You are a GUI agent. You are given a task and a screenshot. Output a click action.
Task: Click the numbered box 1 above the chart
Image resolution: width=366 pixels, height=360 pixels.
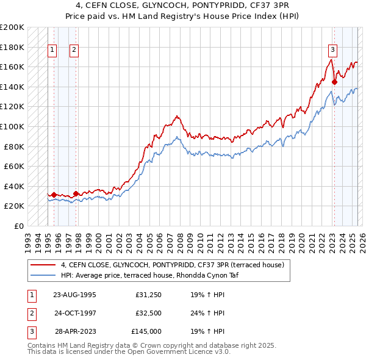pos(52,51)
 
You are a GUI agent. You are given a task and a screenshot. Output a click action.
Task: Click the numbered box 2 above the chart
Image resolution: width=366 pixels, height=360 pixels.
pos(74,51)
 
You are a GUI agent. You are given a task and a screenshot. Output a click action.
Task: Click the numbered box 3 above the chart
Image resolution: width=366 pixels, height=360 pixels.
pos(332,51)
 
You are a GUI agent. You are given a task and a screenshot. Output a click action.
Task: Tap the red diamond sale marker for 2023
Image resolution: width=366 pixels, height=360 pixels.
pos(334,82)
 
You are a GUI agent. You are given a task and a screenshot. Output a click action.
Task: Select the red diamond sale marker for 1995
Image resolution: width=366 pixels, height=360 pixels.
pos(54,195)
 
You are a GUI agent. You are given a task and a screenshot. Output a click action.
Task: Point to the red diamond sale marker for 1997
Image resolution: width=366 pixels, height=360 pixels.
pos(76,193)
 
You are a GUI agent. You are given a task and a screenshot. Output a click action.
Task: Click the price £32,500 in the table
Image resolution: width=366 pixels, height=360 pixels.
pos(148,313)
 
